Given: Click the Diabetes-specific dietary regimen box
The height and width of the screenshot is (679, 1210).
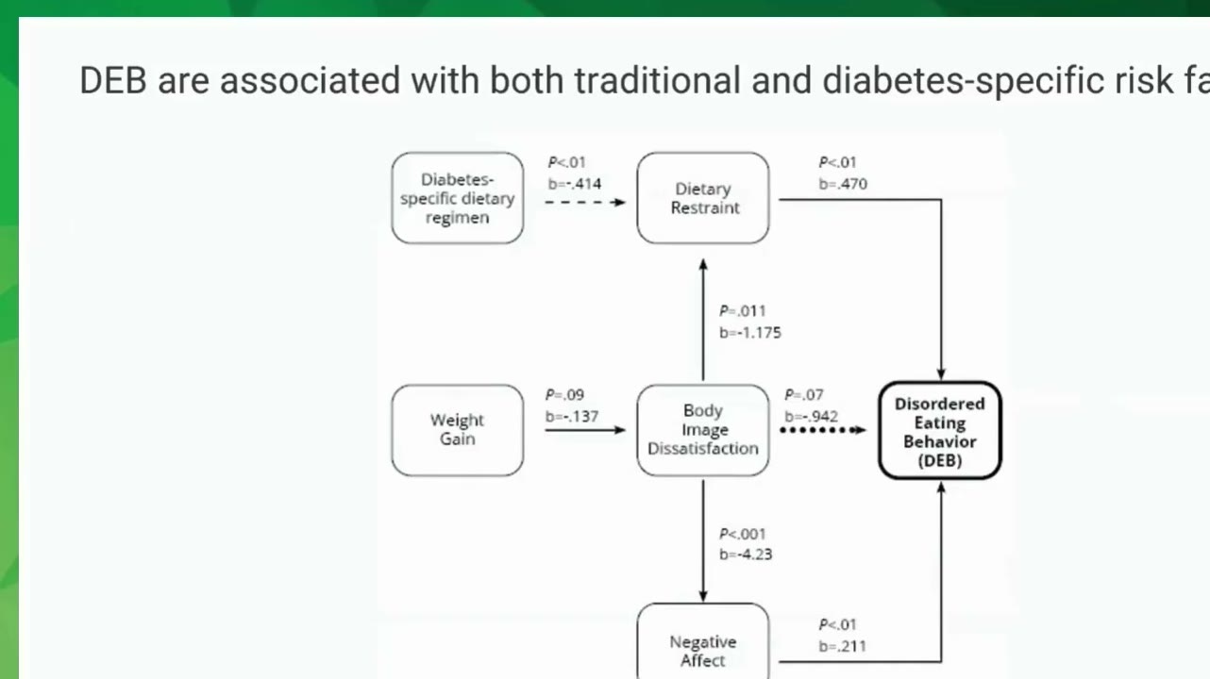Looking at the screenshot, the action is click(x=458, y=198).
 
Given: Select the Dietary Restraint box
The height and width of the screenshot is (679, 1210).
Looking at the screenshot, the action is click(x=703, y=198).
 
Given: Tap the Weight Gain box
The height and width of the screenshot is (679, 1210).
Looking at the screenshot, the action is click(x=458, y=430).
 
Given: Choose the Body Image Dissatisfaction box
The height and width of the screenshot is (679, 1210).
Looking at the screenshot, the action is click(x=703, y=430).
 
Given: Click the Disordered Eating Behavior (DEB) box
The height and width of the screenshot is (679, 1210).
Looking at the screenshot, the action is click(x=940, y=430).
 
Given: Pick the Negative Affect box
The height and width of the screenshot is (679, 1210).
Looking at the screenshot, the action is click(x=703, y=641).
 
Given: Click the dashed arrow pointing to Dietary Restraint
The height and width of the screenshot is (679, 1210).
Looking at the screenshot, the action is click(x=585, y=203).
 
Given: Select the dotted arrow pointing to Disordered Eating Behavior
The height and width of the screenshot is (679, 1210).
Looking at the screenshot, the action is click(x=823, y=430).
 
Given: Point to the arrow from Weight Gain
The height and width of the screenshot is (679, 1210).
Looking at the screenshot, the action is click(x=585, y=430).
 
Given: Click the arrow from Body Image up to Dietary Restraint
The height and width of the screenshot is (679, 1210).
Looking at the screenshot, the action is click(x=703, y=320).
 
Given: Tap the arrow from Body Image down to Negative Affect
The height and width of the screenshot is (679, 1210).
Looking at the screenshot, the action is click(x=703, y=540).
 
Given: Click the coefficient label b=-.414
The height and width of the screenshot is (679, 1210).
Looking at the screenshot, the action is click(x=574, y=184).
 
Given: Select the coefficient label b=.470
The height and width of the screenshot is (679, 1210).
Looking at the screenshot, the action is click(x=843, y=184).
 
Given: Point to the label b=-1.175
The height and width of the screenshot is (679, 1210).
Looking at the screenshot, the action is click(x=749, y=333).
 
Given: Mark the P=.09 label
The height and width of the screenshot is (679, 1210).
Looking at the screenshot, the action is click(x=564, y=395).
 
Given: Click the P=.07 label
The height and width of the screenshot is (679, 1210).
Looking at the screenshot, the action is click(x=804, y=395).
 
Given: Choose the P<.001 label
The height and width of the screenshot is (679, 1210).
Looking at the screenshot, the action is click(x=742, y=534).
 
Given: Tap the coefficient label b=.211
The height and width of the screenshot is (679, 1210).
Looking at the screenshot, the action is click(x=842, y=646).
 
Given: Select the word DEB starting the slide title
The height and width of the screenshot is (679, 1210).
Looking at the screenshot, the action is click(x=113, y=80).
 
